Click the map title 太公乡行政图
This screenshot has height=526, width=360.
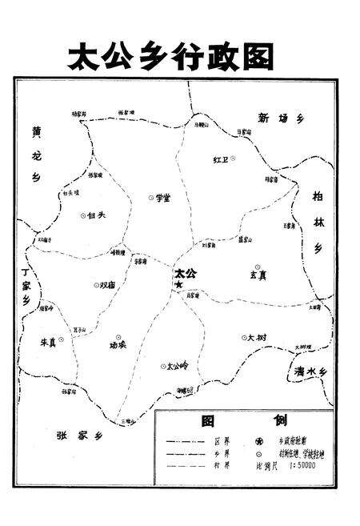[x=170, y=56]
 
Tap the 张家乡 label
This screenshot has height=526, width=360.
[x=79, y=436]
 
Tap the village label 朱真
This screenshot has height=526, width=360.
[x=50, y=341]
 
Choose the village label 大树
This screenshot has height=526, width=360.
[x=257, y=338]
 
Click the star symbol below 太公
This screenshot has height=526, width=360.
[x=180, y=284]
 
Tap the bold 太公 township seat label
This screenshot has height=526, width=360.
[x=186, y=273]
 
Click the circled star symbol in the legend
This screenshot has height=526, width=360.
[x=258, y=440]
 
